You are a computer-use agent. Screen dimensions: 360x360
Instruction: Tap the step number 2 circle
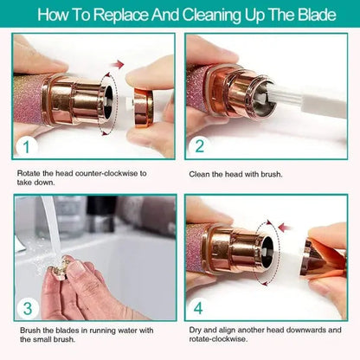[200, 146]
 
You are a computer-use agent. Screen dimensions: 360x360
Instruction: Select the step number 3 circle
[27, 307]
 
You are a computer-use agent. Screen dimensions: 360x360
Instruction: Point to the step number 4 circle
[200, 307]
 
